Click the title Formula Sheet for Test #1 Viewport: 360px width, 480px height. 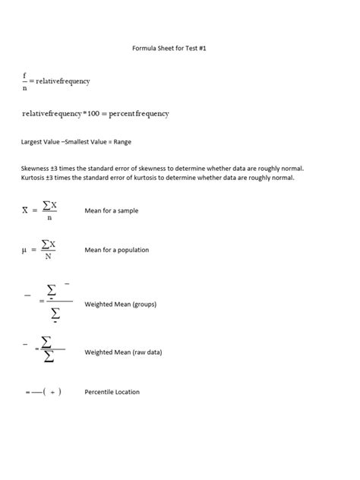[x=180, y=46]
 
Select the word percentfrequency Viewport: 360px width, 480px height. [x=140, y=113]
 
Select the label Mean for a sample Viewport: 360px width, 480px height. [x=112, y=210]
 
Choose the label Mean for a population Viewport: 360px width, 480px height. [x=117, y=250]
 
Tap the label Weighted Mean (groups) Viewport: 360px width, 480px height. [x=120, y=304]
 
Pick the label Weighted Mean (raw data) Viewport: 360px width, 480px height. [x=123, y=352]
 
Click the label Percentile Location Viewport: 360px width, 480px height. [x=112, y=392]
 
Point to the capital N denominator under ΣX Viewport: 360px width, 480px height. [x=49, y=257]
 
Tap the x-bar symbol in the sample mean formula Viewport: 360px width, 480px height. [x=25, y=210]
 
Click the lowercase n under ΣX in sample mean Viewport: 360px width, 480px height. [x=49, y=218]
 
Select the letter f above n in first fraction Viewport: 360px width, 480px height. [x=25, y=74]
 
